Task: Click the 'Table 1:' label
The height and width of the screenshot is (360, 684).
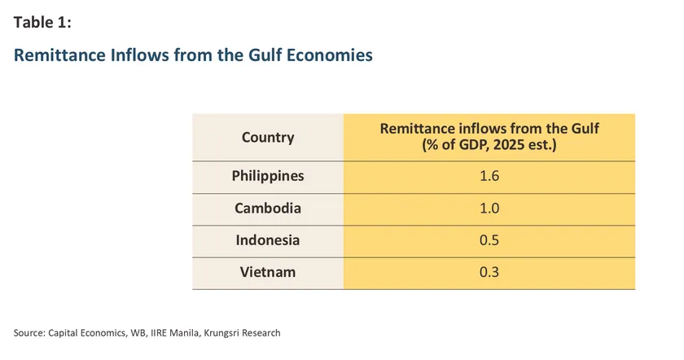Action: tap(42, 23)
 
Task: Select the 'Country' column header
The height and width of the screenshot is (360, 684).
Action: tap(268, 137)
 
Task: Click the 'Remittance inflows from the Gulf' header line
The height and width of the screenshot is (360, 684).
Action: tap(489, 130)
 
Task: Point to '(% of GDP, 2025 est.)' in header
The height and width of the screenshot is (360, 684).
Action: tap(489, 145)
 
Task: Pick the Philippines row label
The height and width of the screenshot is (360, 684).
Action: tap(268, 176)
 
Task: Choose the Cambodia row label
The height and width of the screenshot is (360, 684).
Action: tap(268, 208)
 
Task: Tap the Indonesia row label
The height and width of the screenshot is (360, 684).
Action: tap(268, 240)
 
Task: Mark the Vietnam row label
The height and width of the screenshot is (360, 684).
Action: tap(268, 272)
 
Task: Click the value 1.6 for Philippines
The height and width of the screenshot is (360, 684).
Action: tap(489, 176)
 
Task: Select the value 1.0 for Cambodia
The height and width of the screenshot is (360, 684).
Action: tap(489, 208)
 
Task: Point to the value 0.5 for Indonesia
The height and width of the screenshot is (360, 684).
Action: tap(489, 240)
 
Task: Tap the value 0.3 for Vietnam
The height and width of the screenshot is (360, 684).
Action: tap(489, 272)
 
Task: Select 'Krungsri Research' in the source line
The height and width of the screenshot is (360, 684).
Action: tap(245, 332)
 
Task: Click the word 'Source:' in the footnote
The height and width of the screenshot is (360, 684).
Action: tap(29, 332)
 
